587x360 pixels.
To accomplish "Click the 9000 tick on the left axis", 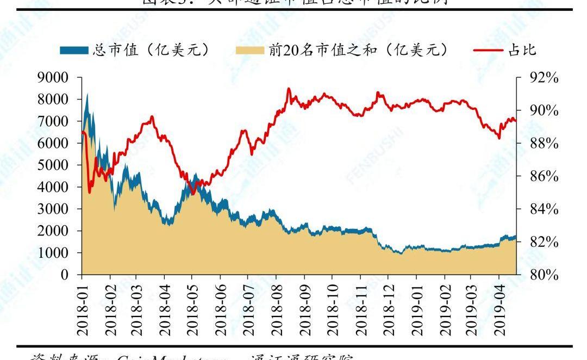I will coord(53,78).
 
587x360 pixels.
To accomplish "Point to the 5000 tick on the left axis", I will coord(53,165).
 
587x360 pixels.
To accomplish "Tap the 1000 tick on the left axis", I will coord(53,253).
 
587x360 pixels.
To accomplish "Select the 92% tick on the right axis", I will coord(544,78).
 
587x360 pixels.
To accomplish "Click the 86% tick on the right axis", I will coord(544,176).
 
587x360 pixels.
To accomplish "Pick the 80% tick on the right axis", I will coord(544,275).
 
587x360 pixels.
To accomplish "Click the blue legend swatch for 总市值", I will coord(73,51).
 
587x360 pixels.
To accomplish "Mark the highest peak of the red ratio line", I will coord(289,89).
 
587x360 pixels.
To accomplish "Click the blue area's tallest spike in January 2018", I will coord(87,94).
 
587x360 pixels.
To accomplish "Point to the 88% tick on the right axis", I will coord(544,144).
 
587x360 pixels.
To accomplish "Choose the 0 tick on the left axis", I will coord(64,275).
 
